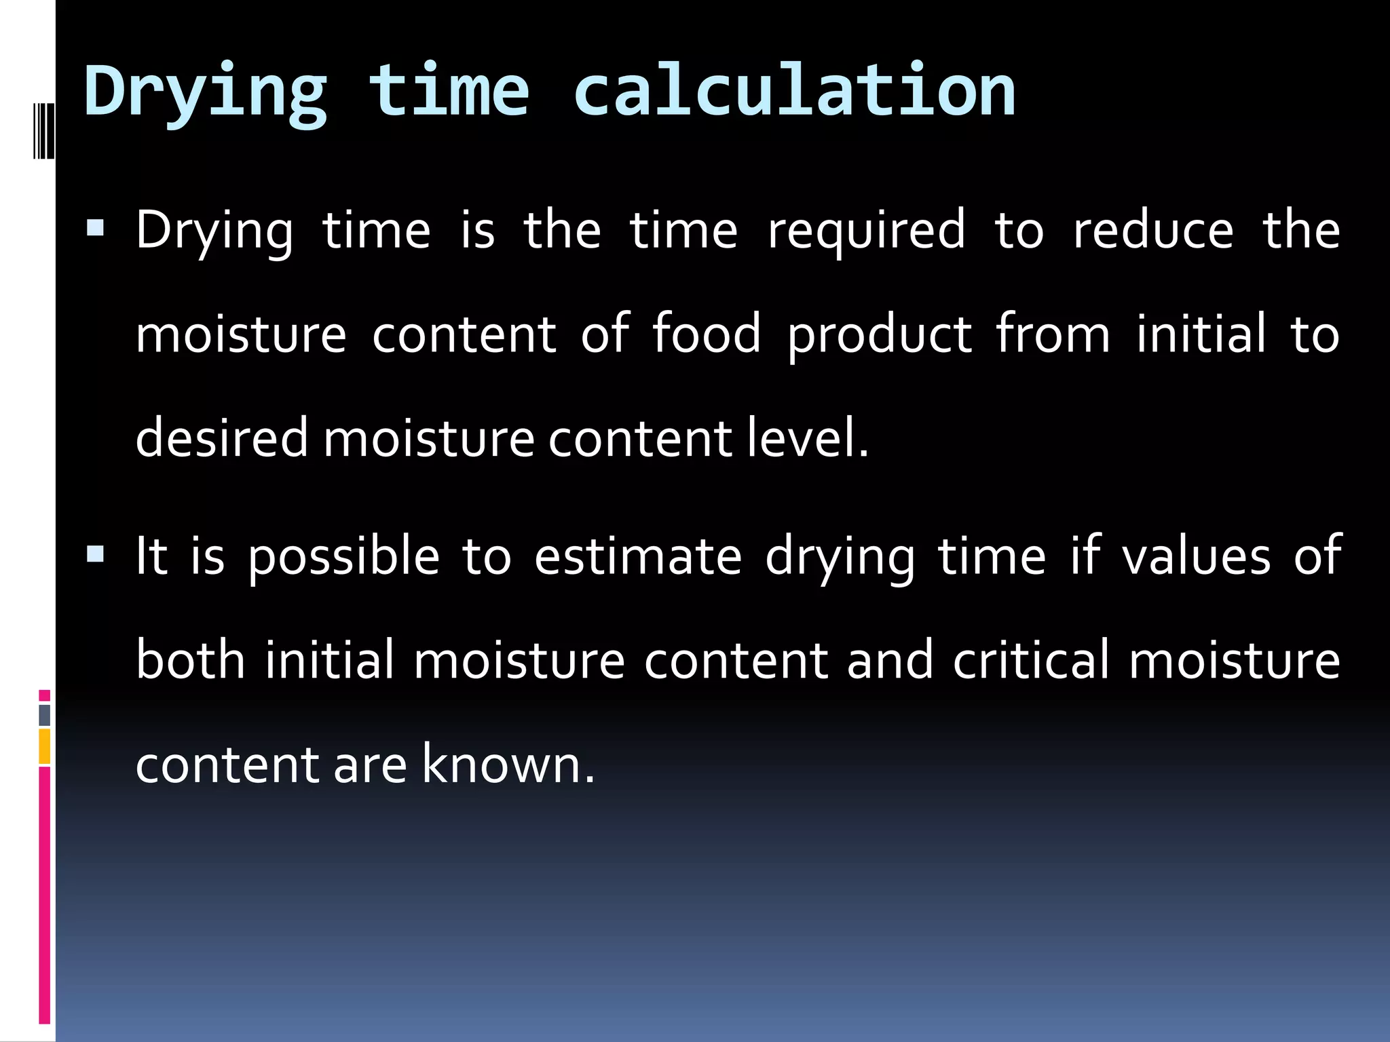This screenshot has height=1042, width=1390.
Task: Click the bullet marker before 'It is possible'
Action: click(x=96, y=555)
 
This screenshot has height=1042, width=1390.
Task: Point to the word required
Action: click(x=866, y=231)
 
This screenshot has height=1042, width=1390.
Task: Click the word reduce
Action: click(x=1152, y=231)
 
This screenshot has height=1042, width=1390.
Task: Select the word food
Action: click(x=706, y=334)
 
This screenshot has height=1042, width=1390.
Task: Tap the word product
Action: click(x=880, y=335)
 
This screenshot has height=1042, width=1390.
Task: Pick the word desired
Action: click(x=222, y=438)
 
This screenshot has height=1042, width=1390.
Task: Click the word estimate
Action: click(x=638, y=556)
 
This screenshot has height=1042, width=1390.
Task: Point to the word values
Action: click(x=1196, y=556)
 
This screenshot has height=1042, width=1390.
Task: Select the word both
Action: click(x=190, y=660)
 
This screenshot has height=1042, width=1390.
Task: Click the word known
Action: click(x=508, y=765)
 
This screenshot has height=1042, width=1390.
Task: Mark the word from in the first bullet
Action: click(x=1053, y=334)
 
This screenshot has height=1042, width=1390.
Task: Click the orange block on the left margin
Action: click(x=44, y=747)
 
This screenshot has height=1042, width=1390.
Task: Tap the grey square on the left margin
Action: click(x=44, y=715)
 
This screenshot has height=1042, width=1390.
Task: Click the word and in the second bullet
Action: click(x=889, y=660)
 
